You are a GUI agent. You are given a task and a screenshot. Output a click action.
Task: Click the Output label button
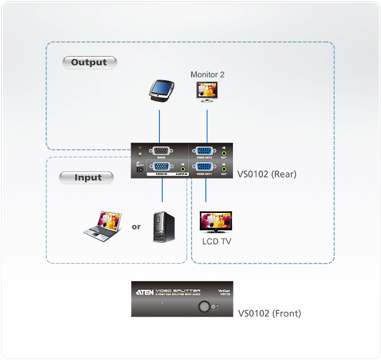89,62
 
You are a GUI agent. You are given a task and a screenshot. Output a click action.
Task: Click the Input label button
87,177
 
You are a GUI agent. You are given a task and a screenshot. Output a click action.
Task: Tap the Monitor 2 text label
207,75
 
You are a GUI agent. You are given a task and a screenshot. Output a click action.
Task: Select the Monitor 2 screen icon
207,91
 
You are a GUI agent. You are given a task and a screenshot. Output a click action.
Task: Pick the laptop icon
102,224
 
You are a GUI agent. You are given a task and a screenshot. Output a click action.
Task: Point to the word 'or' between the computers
136,226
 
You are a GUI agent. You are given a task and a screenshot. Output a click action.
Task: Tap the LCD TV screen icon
217,222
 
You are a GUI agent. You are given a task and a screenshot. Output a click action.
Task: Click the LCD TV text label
217,241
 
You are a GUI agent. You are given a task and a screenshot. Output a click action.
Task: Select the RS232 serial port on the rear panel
161,152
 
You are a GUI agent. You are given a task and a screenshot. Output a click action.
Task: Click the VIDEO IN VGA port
161,167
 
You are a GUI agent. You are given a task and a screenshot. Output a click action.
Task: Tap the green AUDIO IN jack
183,169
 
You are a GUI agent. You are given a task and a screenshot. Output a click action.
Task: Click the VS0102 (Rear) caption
267,175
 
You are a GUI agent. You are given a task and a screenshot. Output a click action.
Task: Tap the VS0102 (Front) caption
269,313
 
